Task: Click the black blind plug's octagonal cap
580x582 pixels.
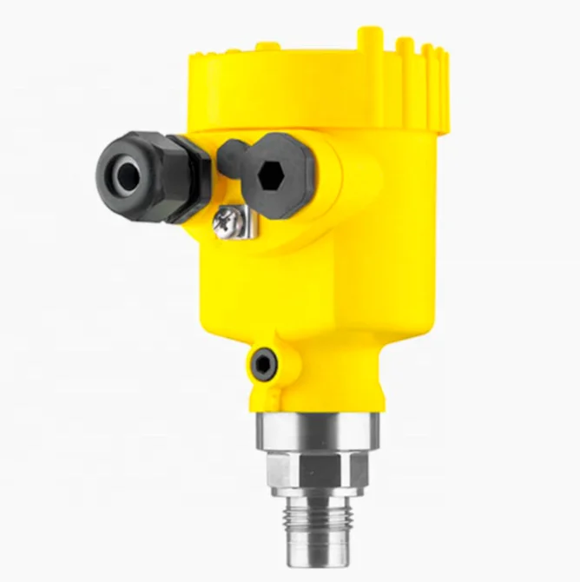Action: click(286, 164)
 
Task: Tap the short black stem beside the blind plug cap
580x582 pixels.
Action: click(229, 155)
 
